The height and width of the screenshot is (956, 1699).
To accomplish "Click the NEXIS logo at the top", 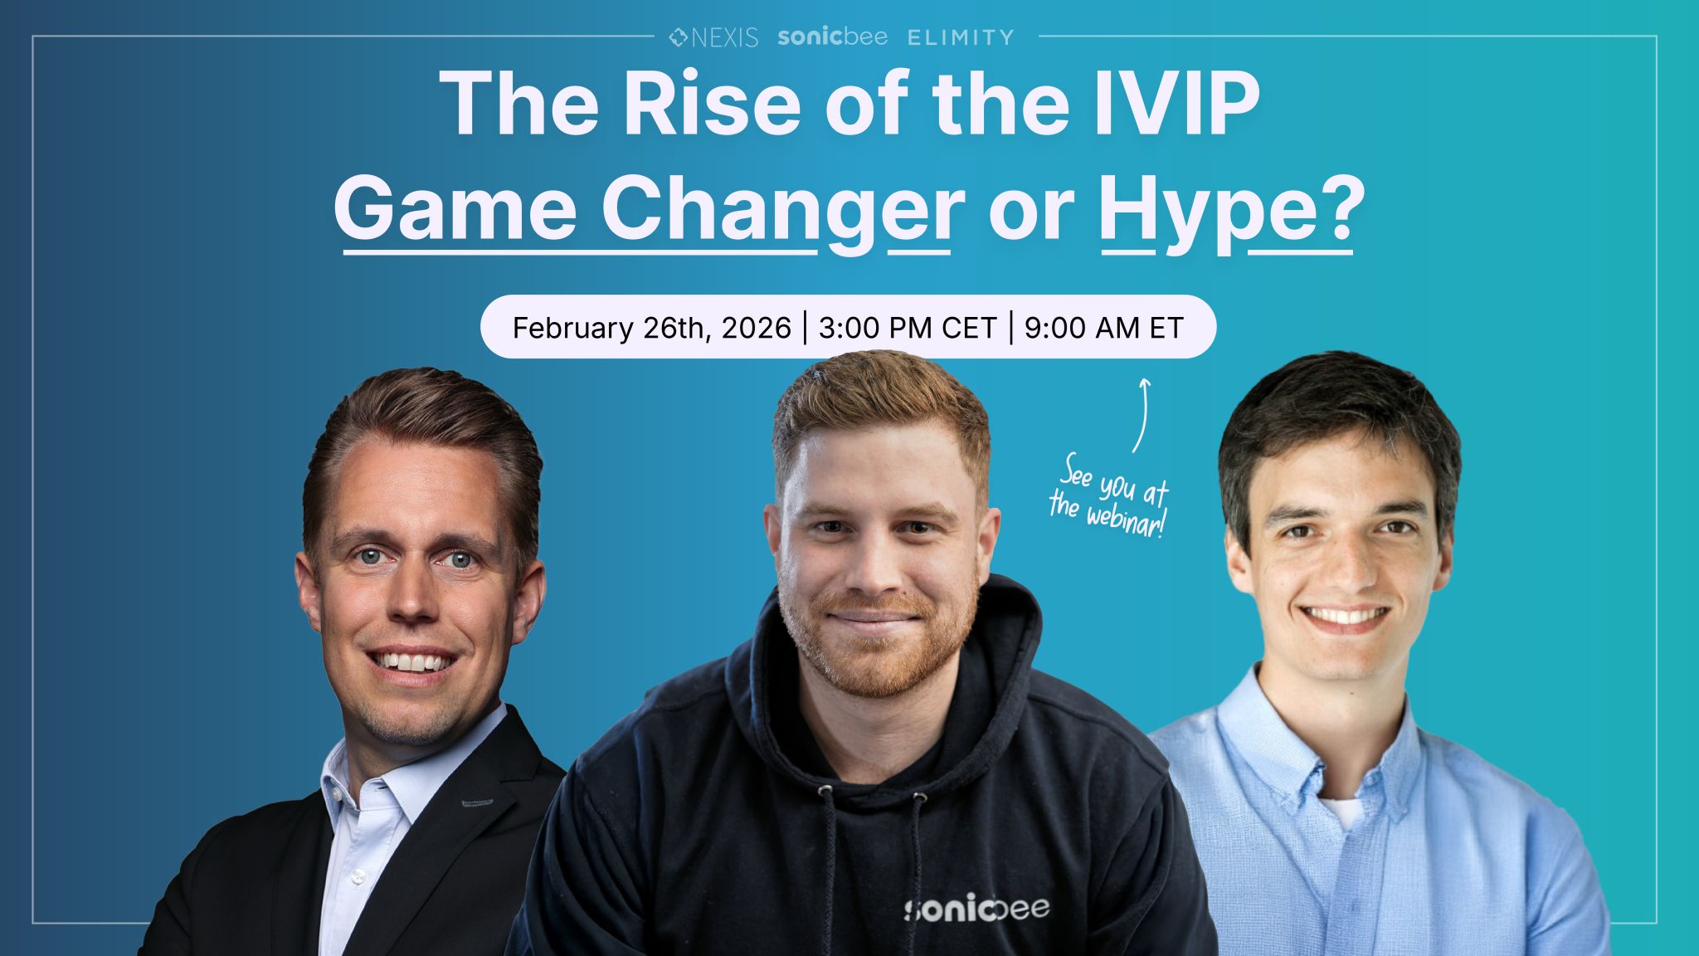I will tap(713, 37).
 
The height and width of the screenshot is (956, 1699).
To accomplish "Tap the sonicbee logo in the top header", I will tap(832, 37).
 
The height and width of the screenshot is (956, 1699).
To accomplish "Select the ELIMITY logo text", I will tap(960, 37).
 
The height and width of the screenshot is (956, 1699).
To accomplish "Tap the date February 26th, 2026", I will tap(651, 328).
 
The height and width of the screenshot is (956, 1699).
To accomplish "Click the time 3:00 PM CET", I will tap(907, 328).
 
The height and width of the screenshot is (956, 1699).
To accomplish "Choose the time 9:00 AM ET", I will tap(1103, 328).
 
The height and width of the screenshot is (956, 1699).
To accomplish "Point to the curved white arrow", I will tap(1142, 415).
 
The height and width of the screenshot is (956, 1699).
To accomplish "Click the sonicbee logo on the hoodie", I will tap(976, 908).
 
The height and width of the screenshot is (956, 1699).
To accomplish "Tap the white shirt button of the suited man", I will tap(358, 876).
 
